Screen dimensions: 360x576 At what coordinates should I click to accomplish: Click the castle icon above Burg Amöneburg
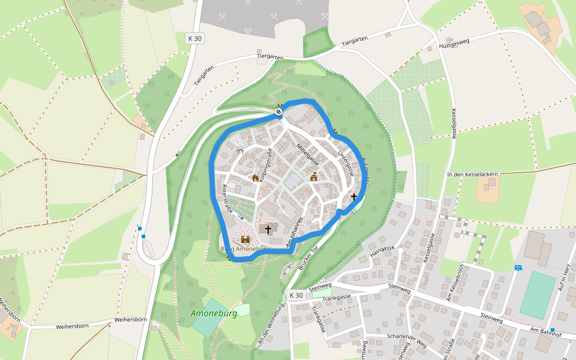coord(245,238)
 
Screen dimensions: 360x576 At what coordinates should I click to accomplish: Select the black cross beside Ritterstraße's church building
coord(268,229)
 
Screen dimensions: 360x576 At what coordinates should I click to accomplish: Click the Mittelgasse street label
coord(307,155)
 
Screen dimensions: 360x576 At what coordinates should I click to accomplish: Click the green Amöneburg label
coord(214,313)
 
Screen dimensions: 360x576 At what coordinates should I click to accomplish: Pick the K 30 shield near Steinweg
coord(296,295)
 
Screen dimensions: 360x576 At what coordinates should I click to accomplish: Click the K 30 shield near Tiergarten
coord(194,38)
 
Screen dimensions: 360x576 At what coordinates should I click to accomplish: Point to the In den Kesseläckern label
coord(472,174)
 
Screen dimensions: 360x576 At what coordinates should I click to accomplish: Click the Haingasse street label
coord(382,251)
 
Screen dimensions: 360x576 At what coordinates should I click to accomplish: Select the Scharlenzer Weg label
coord(407,340)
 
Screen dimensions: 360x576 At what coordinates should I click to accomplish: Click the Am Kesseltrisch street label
coord(454,282)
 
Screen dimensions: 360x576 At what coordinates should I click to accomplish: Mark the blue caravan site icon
coord(518,268)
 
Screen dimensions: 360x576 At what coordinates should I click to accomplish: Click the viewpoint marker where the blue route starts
coord(279,112)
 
